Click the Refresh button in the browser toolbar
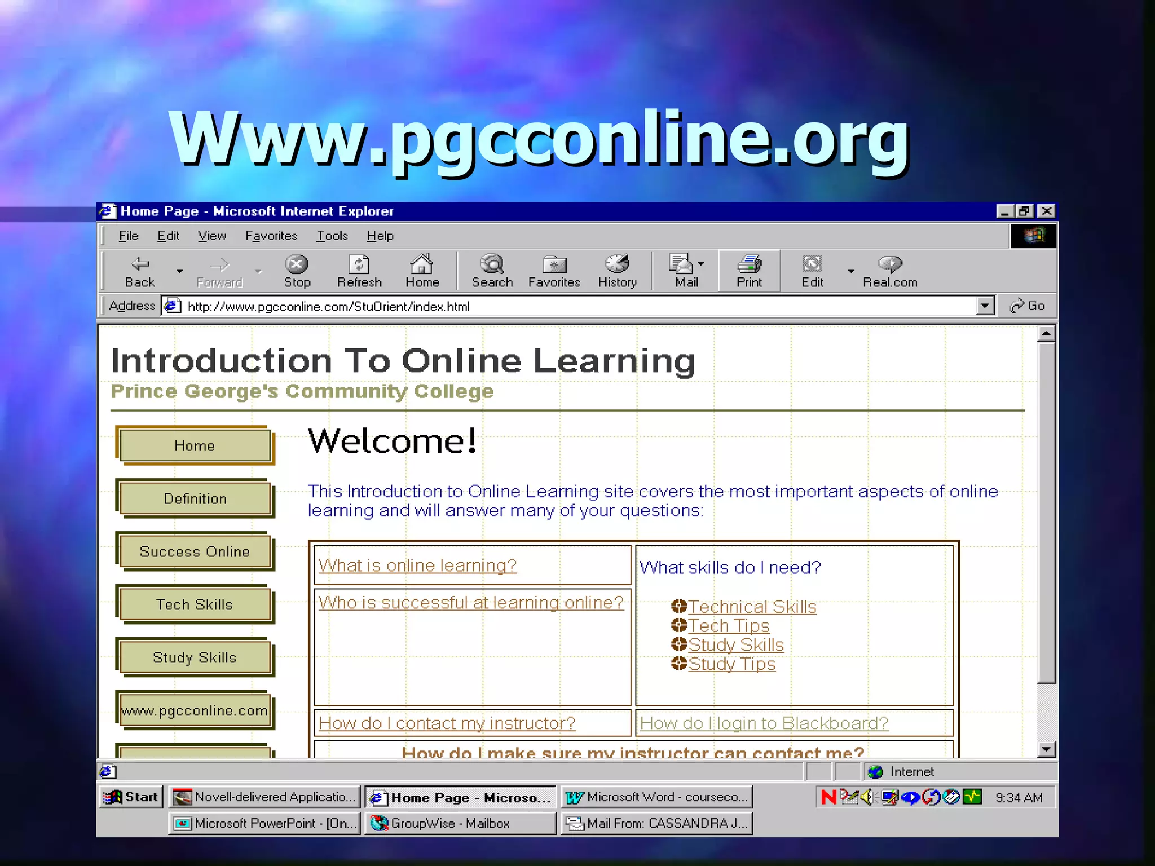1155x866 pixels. (x=359, y=271)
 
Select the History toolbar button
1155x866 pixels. (x=617, y=271)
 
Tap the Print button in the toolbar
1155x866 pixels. (x=749, y=271)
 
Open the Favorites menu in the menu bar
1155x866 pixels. (x=271, y=236)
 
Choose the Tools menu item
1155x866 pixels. (x=332, y=236)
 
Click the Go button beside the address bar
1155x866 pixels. (x=1028, y=306)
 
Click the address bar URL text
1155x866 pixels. (x=328, y=307)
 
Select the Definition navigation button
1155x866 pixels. (x=195, y=499)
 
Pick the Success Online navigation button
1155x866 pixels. (x=195, y=552)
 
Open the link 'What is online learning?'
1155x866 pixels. (x=417, y=565)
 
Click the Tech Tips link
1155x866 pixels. (x=729, y=626)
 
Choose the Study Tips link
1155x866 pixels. (x=732, y=664)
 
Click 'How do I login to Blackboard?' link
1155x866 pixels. (x=764, y=723)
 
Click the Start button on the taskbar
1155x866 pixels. (x=131, y=797)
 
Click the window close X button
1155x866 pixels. (x=1047, y=211)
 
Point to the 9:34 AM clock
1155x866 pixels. (x=1019, y=798)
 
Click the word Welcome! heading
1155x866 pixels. (x=393, y=441)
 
